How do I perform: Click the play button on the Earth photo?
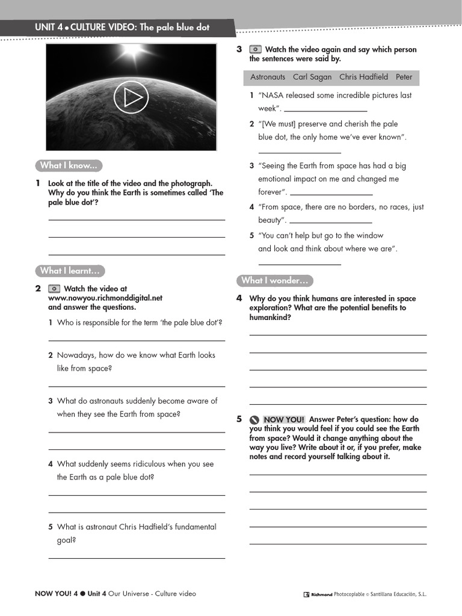tap(131, 97)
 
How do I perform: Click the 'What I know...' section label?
tap(68, 165)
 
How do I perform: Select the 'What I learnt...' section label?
tap(69, 271)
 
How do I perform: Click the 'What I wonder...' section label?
tap(274, 280)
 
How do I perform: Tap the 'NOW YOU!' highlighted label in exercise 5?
tap(284, 419)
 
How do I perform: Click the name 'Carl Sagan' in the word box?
tap(312, 77)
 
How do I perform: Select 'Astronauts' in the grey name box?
tap(268, 77)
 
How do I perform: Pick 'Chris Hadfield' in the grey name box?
tap(363, 77)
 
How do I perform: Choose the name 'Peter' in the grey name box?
tap(404, 77)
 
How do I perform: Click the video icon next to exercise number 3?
tap(255, 50)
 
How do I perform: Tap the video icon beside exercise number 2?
tap(54, 289)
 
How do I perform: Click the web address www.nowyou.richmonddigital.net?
tap(105, 298)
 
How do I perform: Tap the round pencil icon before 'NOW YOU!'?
tap(255, 420)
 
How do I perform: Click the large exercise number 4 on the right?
tap(239, 298)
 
